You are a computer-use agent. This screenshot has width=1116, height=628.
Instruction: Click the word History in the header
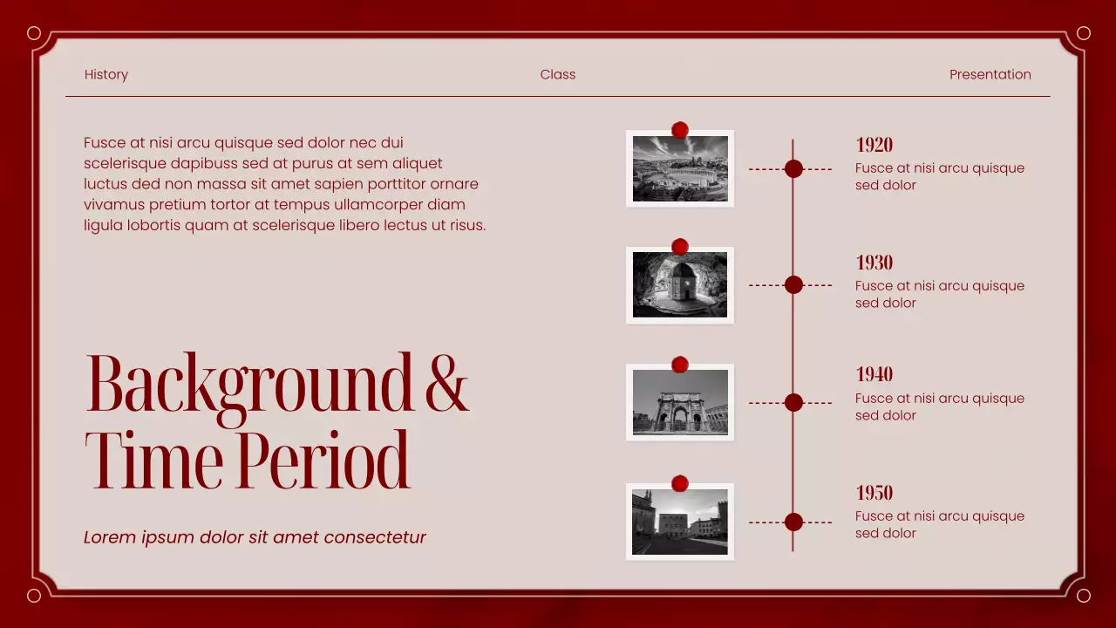(106, 75)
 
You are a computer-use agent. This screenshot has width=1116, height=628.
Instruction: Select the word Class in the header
(558, 75)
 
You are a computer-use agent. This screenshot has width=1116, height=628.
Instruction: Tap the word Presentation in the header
(990, 75)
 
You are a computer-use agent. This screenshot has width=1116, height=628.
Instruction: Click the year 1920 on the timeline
(874, 145)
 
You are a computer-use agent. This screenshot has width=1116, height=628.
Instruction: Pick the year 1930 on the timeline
(874, 263)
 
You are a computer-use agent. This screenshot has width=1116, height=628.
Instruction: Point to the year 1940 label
(874, 374)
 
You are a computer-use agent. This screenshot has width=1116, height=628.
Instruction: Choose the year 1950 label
(874, 493)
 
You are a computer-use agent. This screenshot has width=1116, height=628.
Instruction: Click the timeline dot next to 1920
(793, 169)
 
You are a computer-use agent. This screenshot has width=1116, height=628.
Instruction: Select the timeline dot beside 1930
(793, 284)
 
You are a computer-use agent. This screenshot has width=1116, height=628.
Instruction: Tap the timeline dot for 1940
(793, 402)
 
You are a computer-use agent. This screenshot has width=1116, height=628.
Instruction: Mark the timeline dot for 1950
(793, 522)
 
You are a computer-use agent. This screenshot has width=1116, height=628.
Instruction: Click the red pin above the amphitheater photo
(680, 130)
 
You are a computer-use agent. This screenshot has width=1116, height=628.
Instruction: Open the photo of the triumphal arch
(680, 402)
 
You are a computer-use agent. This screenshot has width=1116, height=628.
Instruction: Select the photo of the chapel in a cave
(680, 285)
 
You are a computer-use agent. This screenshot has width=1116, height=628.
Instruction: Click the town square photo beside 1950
(680, 522)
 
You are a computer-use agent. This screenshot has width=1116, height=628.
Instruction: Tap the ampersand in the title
(446, 384)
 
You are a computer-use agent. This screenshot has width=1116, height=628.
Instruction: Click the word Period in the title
(322, 461)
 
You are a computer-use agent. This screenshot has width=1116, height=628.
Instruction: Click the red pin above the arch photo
(680, 364)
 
